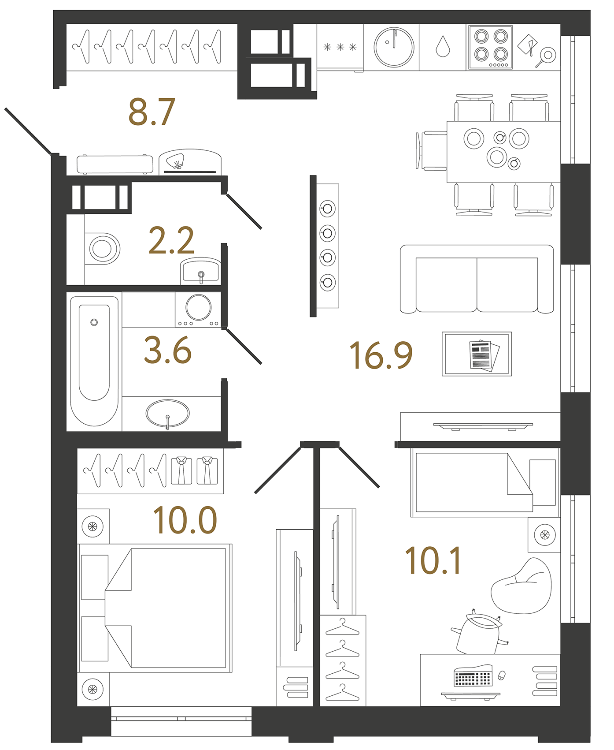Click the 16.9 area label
coord(381,355)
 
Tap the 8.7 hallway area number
coord(152,112)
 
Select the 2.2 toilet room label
coord(171,241)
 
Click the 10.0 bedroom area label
coord(185,520)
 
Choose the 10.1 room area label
coord(433,561)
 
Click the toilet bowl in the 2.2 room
coord(103,249)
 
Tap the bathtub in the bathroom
coord(94,359)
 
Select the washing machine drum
coord(198,307)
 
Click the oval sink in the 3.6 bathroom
coord(167,414)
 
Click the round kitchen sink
coord(394,47)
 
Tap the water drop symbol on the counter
coord(443,47)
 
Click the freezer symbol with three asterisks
coord(340,47)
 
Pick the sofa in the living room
coord(477,280)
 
